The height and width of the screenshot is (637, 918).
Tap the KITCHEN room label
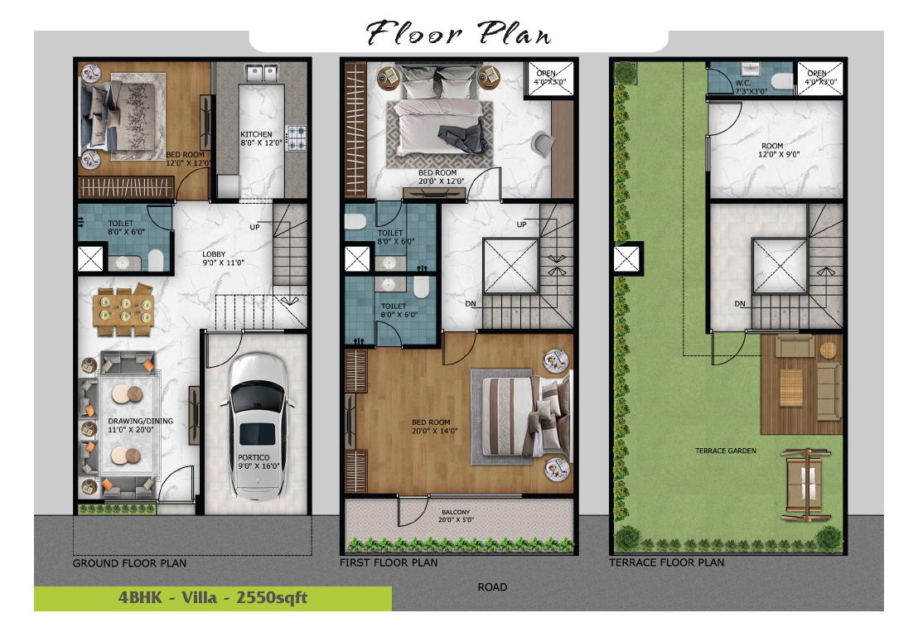coord(257,134)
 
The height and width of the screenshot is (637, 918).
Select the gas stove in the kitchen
coord(296,138)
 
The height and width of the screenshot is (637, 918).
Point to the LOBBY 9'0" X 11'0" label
coord(223,258)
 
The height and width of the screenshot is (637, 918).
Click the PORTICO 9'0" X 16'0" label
coord(258,461)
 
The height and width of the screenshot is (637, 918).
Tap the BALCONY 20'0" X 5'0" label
coord(456,516)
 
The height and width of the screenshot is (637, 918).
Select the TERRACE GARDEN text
coord(726,451)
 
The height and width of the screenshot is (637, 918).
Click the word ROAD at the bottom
coord(492,586)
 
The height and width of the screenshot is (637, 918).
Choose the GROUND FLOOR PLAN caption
coord(129,563)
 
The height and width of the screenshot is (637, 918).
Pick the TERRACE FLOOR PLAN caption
coord(667,562)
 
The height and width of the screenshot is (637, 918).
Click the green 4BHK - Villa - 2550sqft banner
coord(213,598)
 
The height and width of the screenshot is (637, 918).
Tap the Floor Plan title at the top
coord(458,33)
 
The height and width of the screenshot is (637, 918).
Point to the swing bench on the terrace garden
coord(806,485)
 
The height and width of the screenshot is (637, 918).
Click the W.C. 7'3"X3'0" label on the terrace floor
coord(751,87)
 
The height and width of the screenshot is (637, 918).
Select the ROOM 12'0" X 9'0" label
coord(779,150)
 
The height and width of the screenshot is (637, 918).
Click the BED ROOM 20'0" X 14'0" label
coord(434,427)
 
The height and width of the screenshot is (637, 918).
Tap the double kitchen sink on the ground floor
coord(261,73)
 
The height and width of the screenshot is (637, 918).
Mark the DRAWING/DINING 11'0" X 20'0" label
coord(141,425)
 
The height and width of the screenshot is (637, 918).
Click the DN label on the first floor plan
coord(470,304)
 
